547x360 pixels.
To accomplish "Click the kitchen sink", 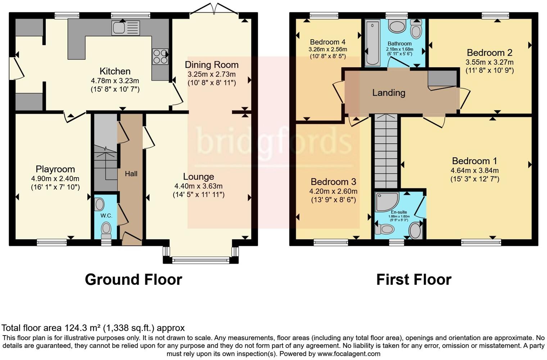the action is pos(126,28).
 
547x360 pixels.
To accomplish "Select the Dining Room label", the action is pos(212,65).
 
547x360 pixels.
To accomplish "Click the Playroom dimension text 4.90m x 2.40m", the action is pos(55,179).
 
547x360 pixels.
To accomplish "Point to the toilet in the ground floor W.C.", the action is pos(106,230).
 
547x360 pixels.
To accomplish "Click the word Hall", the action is pos(131,174).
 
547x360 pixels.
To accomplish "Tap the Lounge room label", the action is pos(199,177).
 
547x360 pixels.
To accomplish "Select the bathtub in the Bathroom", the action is pos(373,43).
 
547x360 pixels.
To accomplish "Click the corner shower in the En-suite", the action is pos(387,202).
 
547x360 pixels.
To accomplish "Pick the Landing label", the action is pos(389,93).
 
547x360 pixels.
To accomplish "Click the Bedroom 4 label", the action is pos(328,42).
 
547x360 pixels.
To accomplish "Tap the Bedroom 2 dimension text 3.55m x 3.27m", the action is pos(489,62).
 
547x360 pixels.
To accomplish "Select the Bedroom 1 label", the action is pos(474,161).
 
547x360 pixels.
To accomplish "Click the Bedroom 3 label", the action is pos(333,182).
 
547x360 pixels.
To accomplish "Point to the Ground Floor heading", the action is pos(134,280).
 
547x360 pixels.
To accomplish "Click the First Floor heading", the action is pos(414,280).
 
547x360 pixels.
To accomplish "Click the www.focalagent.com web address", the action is pos(349,354).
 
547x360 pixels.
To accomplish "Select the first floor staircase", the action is pos(386,152).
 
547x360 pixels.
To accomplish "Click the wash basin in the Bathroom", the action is pos(397,26).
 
